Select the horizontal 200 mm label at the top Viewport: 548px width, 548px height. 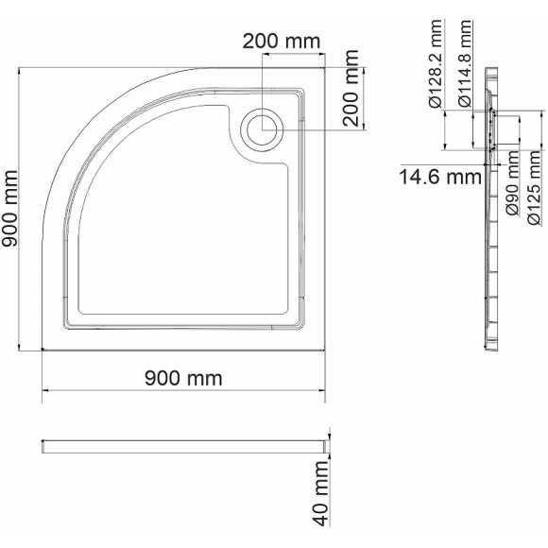[x=281, y=42]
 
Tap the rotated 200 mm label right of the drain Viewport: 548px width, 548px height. [x=351, y=95]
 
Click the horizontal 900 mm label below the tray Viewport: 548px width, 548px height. [x=183, y=379]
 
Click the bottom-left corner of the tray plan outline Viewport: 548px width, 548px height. [x=43, y=351]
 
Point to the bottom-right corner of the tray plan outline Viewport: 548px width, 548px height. [x=326, y=351]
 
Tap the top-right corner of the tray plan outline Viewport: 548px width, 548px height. [x=326, y=68]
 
